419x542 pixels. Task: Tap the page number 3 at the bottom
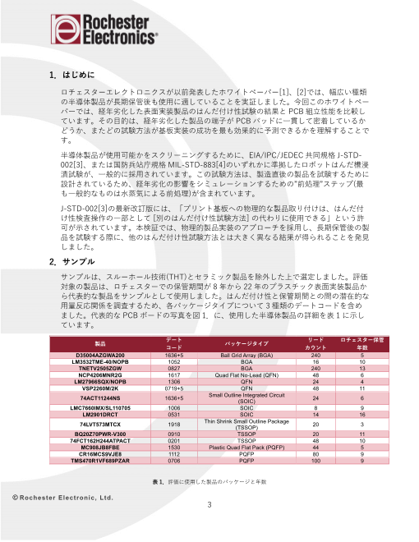pyautogui.click(x=209, y=505)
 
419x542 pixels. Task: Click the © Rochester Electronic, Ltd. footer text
pyautogui.click(x=62, y=498)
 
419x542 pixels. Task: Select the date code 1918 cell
pyautogui.click(x=173, y=425)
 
